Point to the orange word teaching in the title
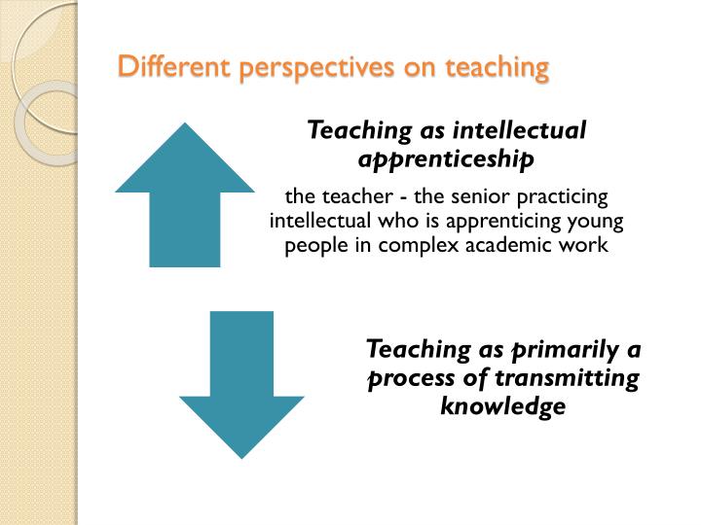tap(497, 67)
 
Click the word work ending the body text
tap(581, 246)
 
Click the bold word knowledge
tap(502, 405)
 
